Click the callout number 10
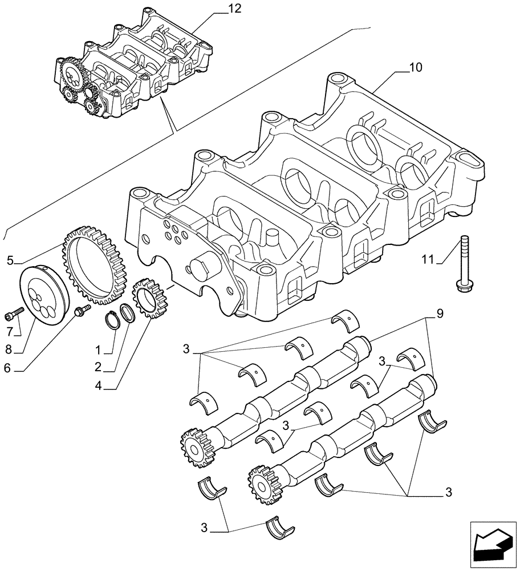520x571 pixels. [416, 68]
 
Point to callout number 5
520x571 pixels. [11, 261]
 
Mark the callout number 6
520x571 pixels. [7, 369]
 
